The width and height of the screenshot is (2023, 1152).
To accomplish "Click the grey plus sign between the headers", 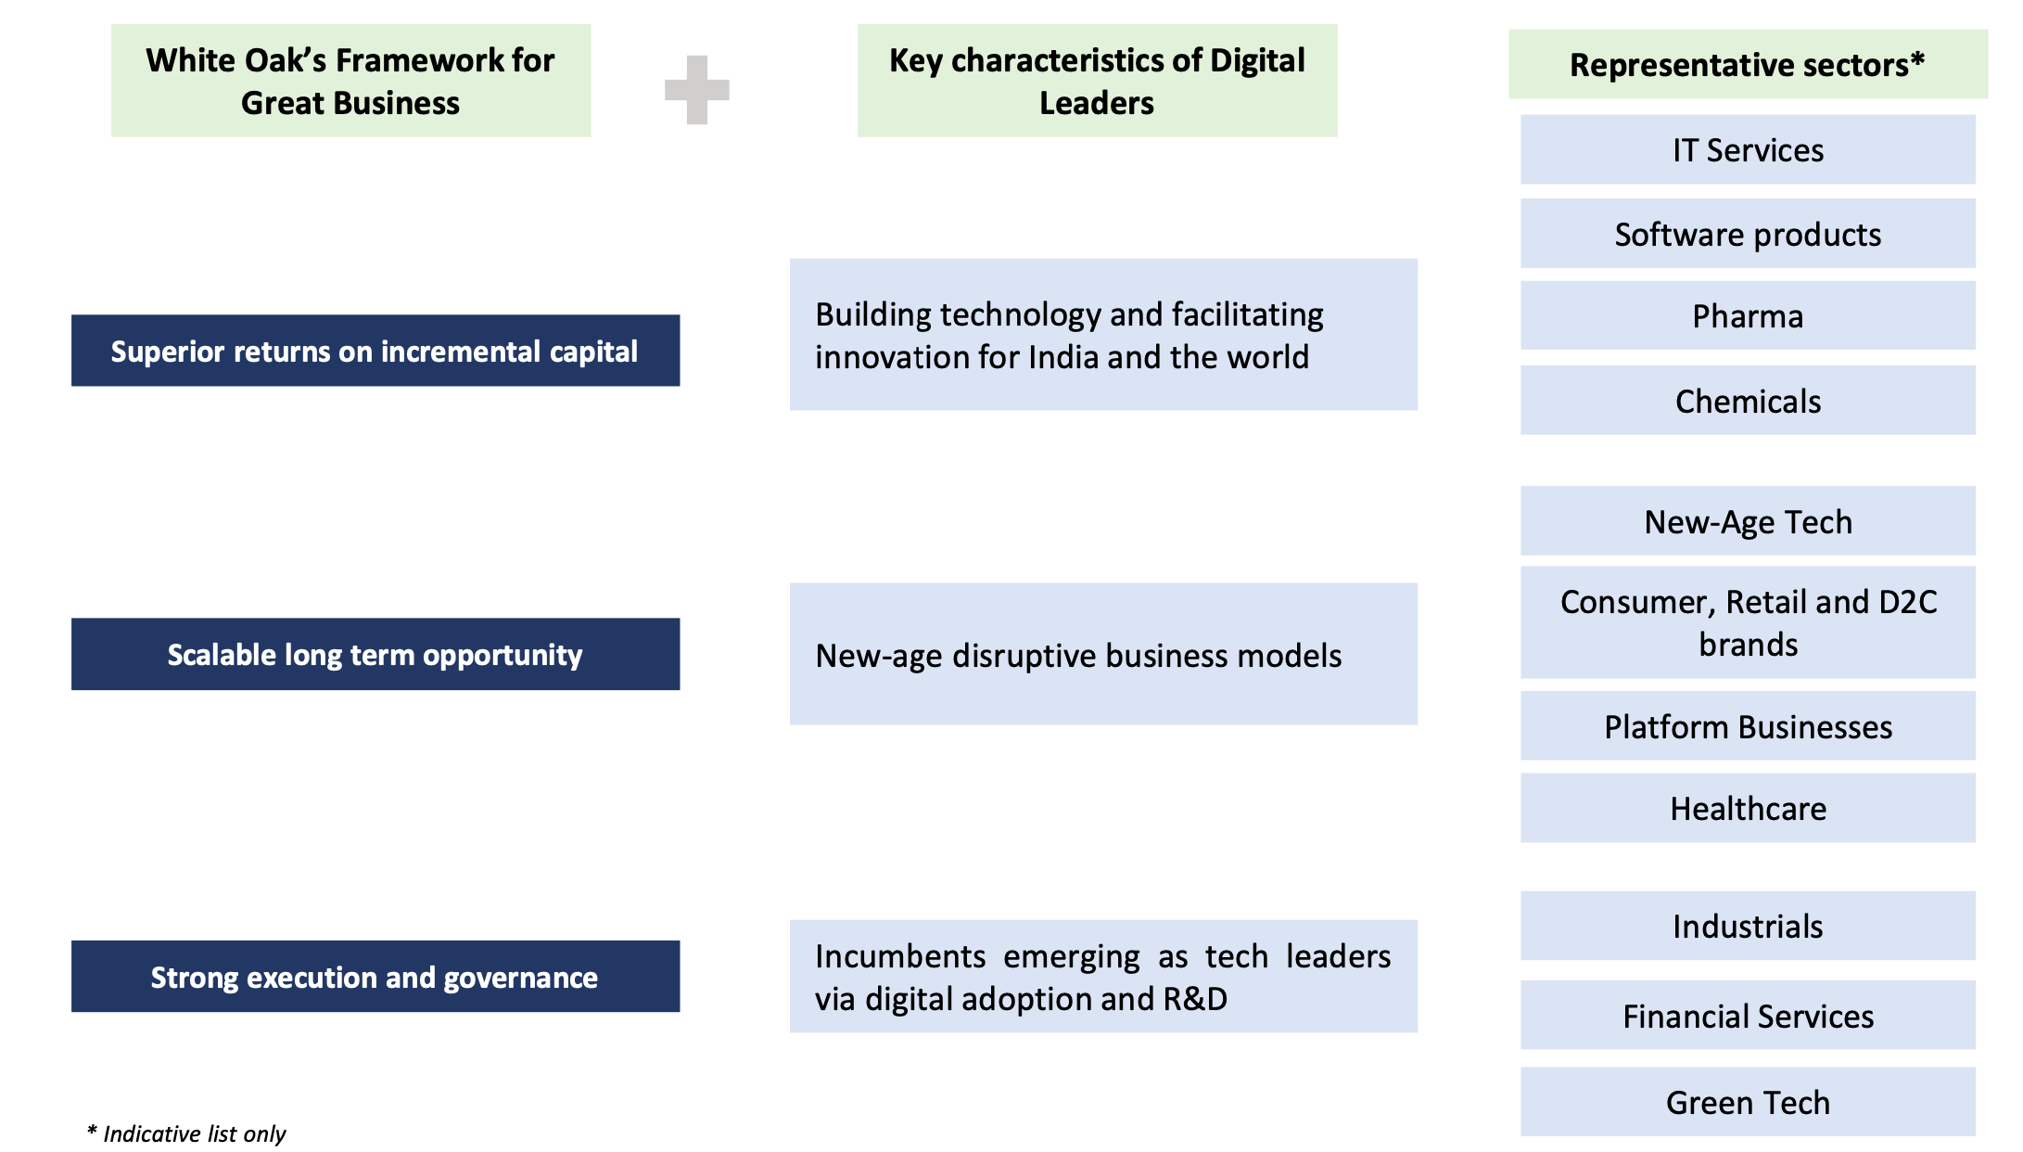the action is point(697,90).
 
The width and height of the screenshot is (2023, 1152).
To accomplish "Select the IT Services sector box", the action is point(1748,149).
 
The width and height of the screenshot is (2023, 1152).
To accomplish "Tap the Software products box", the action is point(1748,234).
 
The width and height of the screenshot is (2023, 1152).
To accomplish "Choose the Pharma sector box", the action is point(1748,316).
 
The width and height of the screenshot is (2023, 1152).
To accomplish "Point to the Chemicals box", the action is point(1748,401).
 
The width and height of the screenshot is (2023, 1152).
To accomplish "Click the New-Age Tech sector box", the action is point(1748,521).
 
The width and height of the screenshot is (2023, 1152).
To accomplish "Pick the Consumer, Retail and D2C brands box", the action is point(1748,622).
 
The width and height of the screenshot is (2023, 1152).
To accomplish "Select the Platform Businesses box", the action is point(1748,726).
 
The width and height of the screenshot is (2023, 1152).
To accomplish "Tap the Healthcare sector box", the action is point(1748,808).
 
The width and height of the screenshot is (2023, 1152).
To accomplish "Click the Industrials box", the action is point(1748,926).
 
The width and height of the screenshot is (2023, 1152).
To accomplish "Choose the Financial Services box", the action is point(1748,1016).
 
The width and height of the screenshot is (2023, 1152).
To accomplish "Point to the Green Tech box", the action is point(1748,1102).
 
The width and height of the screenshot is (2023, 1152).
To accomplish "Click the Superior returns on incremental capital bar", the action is point(375,351).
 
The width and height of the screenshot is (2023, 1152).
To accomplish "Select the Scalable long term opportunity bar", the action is point(375,654).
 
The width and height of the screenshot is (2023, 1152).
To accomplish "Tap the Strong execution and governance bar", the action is point(375,977).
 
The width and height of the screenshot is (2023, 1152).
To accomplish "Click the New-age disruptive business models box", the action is point(1103,654).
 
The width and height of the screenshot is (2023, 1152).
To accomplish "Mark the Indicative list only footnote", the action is point(186,1133).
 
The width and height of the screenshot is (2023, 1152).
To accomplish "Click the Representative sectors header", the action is point(1748,64).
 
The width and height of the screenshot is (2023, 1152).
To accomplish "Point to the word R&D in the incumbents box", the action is point(1195,999).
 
